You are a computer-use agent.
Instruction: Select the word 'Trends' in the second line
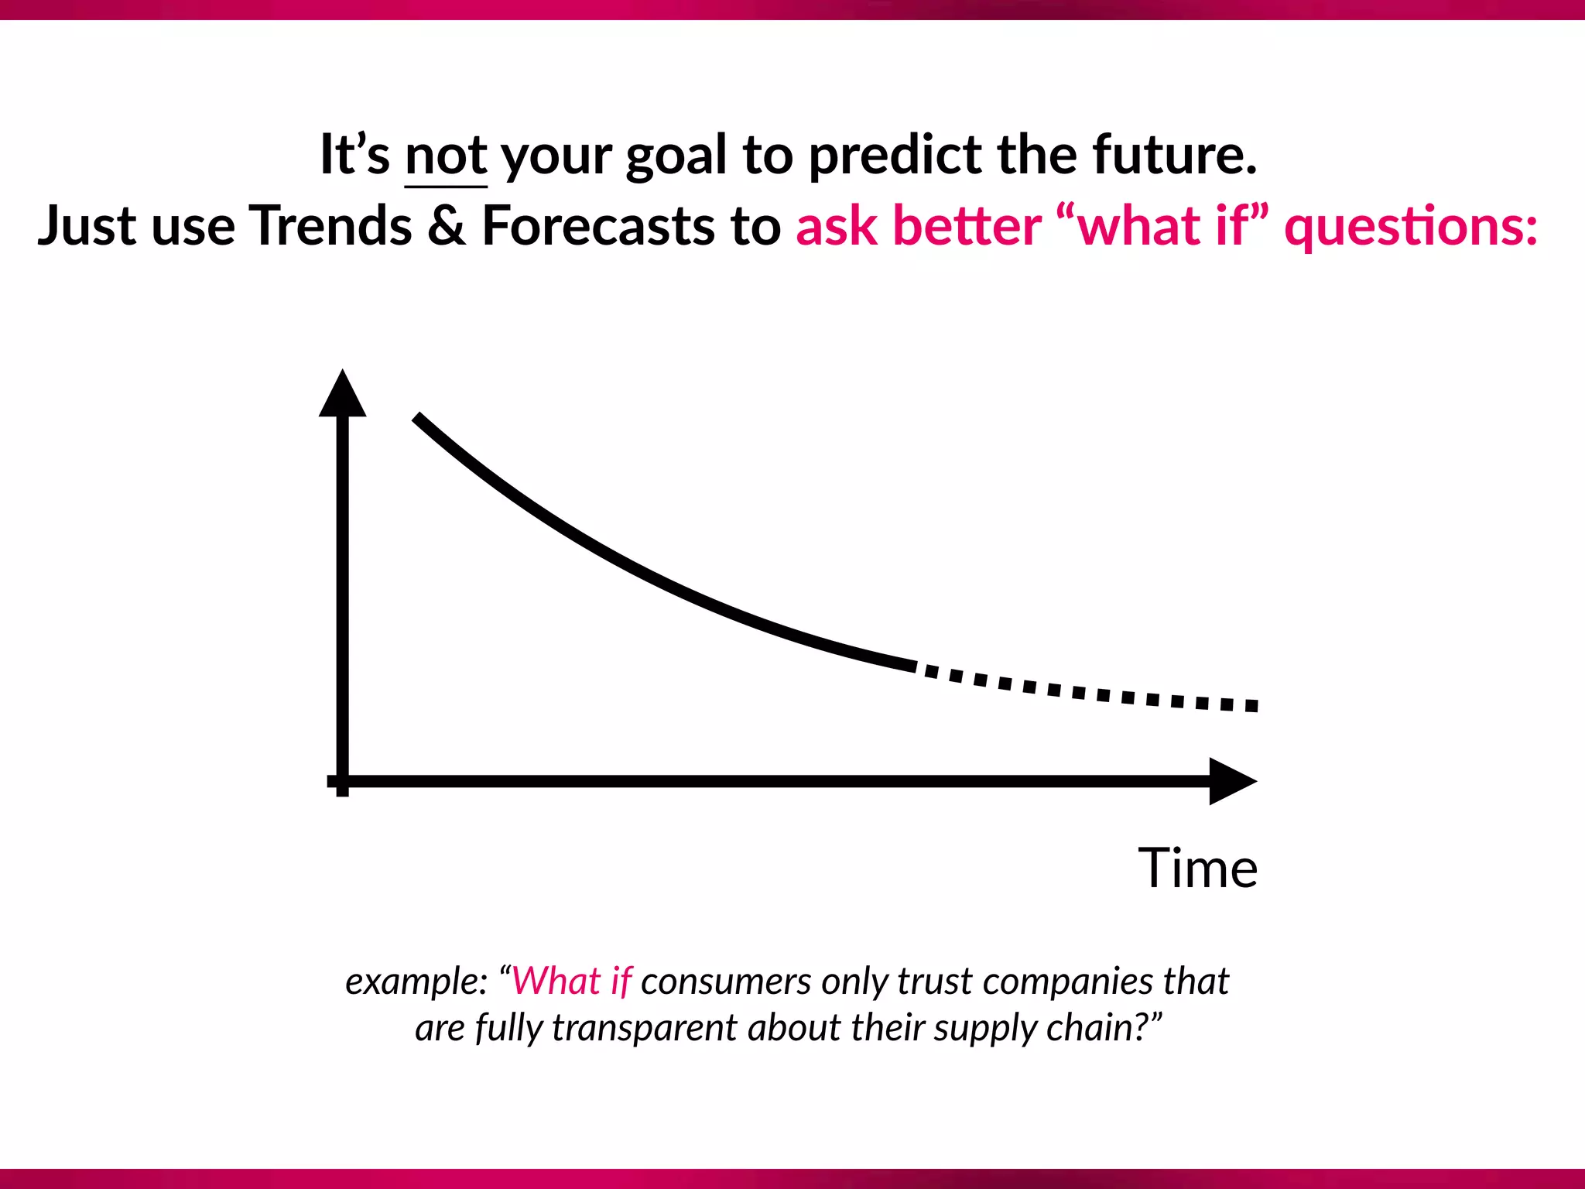click(x=330, y=226)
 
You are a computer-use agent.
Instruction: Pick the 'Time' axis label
click(x=1197, y=868)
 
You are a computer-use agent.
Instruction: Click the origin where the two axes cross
click(x=342, y=781)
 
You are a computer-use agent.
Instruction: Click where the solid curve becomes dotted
click(x=916, y=666)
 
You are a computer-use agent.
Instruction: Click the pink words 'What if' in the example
click(x=572, y=981)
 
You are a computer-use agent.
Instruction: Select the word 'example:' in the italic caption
click(x=416, y=982)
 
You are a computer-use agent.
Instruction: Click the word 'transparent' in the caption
click(x=644, y=1029)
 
